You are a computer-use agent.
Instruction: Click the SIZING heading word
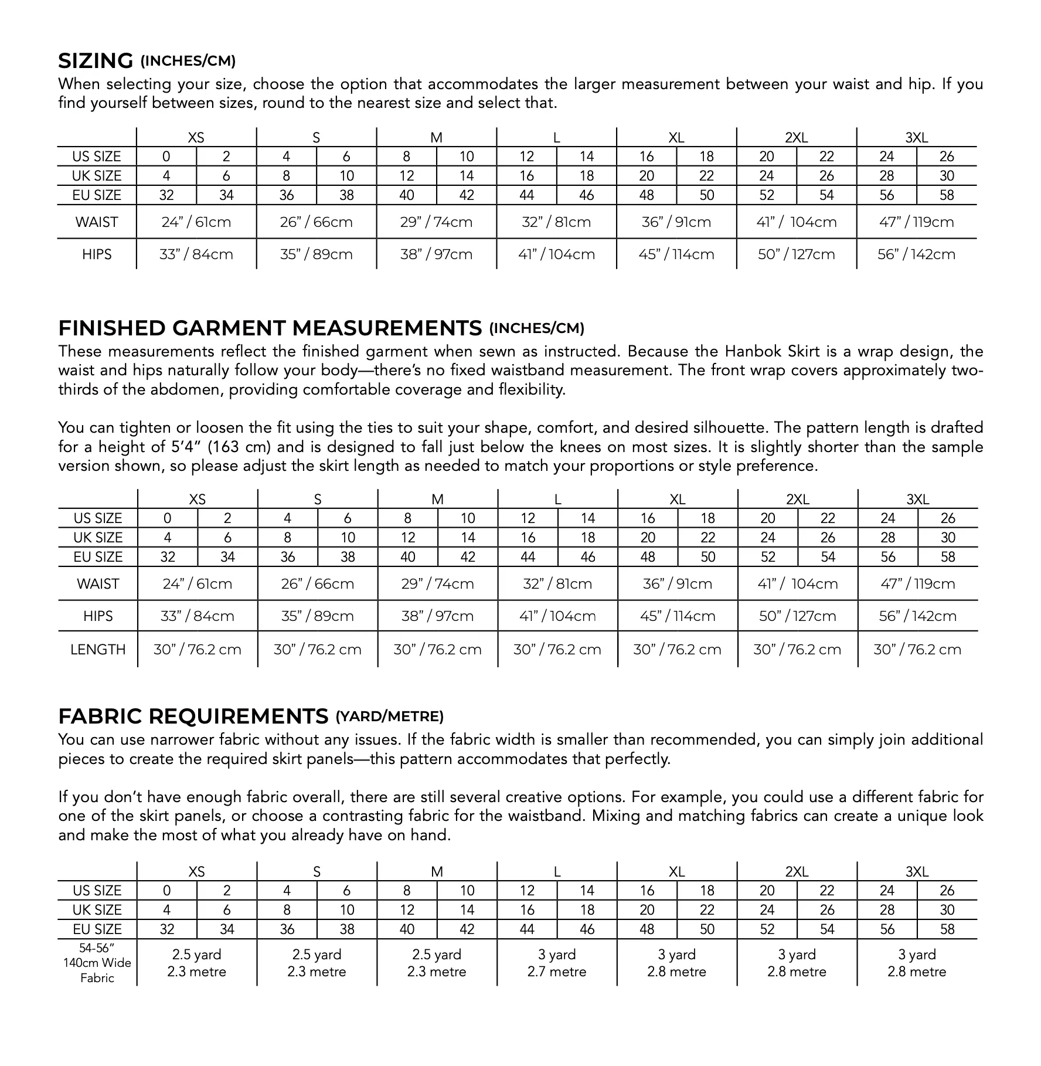(96, 61)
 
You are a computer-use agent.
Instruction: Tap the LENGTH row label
(98, 650)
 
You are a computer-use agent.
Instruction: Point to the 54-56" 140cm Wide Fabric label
(97, 963)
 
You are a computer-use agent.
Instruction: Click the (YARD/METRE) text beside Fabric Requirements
(389, 717)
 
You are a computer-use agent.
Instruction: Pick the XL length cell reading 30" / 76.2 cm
(677, 650)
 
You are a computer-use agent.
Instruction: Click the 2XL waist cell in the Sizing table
(796, 222)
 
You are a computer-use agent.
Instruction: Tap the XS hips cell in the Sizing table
(196, 254)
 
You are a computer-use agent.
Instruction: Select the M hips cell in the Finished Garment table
(437, 616)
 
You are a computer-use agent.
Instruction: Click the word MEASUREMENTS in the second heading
(387, 328)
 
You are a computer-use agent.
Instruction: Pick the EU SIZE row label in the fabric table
(97, 929)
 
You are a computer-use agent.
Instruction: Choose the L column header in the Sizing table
(556, 138)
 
